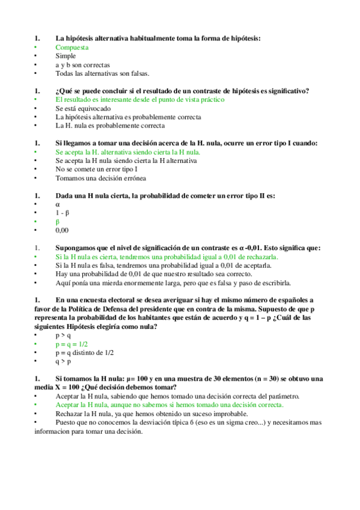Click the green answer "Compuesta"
coord(72,47)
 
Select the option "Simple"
coord(66,56)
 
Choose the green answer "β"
coord(58,222)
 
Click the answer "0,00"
coord(62,230)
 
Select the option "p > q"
coord(63,336)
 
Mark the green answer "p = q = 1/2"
coord(72,344)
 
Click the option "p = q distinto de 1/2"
coord(85,353)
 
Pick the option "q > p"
coord(63,362)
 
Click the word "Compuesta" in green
coord(72,47)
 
